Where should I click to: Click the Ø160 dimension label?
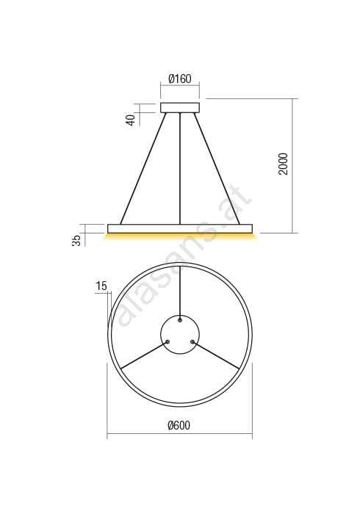180,79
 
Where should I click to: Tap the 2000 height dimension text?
283,164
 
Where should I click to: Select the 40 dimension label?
131,120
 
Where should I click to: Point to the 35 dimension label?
76,240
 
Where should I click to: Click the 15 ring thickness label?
101,286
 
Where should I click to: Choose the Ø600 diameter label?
179,425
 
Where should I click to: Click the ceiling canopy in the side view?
180,108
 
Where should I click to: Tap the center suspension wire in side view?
180,168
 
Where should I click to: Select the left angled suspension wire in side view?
143,168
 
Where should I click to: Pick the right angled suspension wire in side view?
217,168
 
